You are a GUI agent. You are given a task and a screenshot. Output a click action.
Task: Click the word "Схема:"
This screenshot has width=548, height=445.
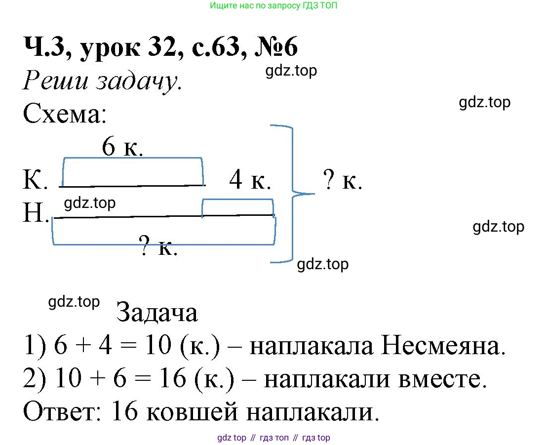[x=65, y=114]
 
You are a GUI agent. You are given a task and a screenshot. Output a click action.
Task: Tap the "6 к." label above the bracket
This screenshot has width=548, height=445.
[x=122, y=146]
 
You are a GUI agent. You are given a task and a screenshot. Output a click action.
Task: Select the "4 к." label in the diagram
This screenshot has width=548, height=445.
[x=250, y=180]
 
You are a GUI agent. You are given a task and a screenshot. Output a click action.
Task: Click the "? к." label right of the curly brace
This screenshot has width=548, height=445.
[x=343, y=180]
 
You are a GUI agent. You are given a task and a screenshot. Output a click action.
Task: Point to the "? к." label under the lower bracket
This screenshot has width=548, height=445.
[x=158, y=246]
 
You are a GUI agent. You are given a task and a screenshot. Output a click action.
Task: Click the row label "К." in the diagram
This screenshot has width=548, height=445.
[x=35, y=179]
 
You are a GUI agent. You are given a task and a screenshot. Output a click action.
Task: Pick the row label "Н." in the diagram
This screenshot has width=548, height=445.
[x=36, y=212]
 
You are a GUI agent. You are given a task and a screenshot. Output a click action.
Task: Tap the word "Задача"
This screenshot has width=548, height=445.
[x=157, y=312]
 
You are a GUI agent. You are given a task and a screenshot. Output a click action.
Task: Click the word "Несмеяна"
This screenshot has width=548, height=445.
[x=443, y=346]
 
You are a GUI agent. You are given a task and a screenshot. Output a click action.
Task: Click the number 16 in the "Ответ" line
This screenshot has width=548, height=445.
[x=125, y=411]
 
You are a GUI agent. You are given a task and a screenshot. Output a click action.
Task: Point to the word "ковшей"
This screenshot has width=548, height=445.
[x=192, y=412]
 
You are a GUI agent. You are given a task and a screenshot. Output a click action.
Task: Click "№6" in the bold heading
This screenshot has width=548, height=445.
[x=276, y=47]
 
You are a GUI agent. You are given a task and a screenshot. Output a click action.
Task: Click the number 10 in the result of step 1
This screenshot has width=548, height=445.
[x=158, y=345]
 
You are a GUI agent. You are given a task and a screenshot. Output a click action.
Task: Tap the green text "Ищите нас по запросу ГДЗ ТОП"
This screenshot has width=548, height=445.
[x=274, y=5]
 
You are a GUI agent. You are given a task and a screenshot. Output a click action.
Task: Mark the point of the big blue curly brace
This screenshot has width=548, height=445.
[x=314, y=193]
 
